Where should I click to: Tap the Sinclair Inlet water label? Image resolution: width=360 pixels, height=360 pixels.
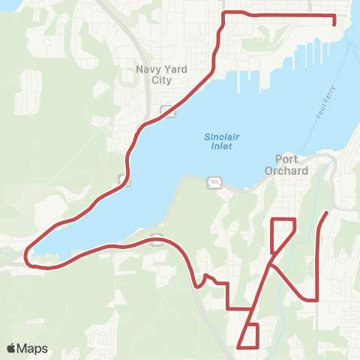[x=219, y=141]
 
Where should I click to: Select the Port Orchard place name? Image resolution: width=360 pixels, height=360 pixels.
[x=286, y=164]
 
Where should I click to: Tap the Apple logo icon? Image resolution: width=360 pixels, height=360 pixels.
[x=10, y=349]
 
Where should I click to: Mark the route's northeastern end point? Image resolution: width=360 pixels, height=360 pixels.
[x=334, y=23]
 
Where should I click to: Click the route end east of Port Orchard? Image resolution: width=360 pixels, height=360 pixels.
[x=327, y=214]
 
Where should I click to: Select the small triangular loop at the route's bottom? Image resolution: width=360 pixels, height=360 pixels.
[x=250, y=336]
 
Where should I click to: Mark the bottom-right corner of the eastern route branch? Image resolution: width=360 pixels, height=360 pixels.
[x=318, y=299]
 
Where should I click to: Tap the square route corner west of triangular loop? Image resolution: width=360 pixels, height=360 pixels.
[x=227, y=307]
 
